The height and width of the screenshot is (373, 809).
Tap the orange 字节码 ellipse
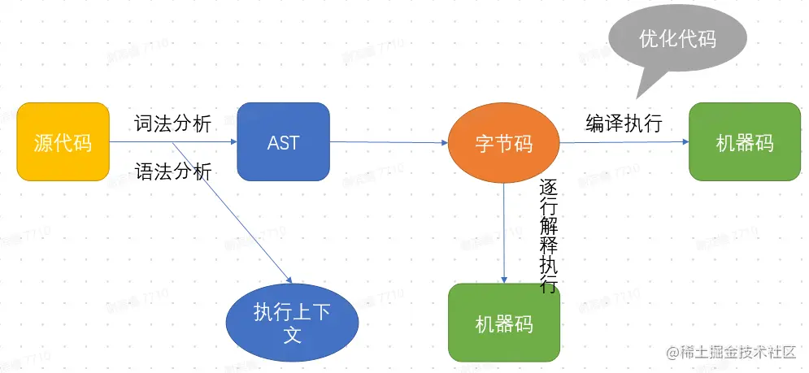[x=504, y=143]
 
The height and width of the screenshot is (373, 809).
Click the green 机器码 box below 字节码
[x=504, y=323]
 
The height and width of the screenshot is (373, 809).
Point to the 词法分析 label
[x=172, y=124]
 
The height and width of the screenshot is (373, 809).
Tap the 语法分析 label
[x=172, y=171]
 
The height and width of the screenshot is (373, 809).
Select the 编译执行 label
[x=624, y=124]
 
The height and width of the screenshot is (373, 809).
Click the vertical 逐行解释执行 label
[x=548, y=236]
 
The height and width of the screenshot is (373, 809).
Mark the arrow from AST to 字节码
[x=389, y=142]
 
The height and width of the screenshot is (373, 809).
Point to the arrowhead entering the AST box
[x=233, y=142]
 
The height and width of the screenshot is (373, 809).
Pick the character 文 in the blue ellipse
[x=292, y=333]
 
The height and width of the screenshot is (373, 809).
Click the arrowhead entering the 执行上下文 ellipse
[x=288, y=279]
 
